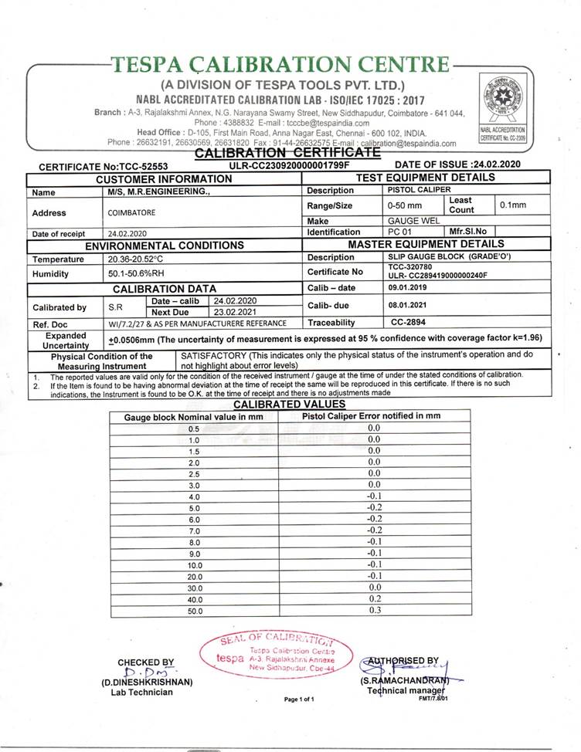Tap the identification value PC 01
[x=398, y=232]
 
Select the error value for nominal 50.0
[x=374, y=611]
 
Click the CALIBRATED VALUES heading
[x=289, y=405]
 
